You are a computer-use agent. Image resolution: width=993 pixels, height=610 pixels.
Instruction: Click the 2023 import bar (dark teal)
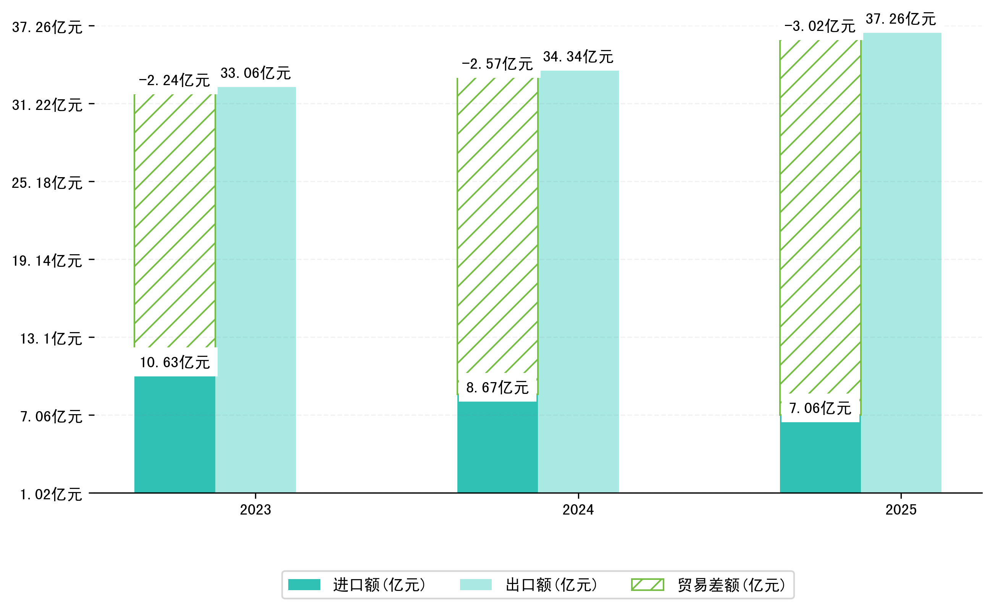pos(174,434)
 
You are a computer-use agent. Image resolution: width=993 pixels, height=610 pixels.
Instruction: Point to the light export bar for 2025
pos(902,263)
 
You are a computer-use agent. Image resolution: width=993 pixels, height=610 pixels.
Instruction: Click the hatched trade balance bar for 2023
pos(174,221)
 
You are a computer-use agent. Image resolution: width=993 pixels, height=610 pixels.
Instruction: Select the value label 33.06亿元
pos(255,73)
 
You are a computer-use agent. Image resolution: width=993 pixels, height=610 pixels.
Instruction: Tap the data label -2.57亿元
pos(497,64)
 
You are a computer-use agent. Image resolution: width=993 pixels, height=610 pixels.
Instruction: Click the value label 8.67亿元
pos(497,388)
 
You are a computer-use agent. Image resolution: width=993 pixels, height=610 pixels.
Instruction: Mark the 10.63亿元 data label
pos(174,362)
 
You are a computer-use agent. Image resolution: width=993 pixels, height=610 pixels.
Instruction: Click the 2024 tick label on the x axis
pos(578,510)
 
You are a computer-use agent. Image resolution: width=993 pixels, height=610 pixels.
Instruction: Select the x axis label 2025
pos(901,510)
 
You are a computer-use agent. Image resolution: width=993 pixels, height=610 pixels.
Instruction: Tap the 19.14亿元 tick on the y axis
pos(47,261)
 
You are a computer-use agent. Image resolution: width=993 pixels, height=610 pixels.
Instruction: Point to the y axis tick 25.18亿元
pos(47,183)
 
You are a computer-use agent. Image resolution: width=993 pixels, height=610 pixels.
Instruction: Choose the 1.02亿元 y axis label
pos(51,495)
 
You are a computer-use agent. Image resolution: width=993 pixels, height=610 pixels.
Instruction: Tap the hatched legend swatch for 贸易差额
pos(647,584)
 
